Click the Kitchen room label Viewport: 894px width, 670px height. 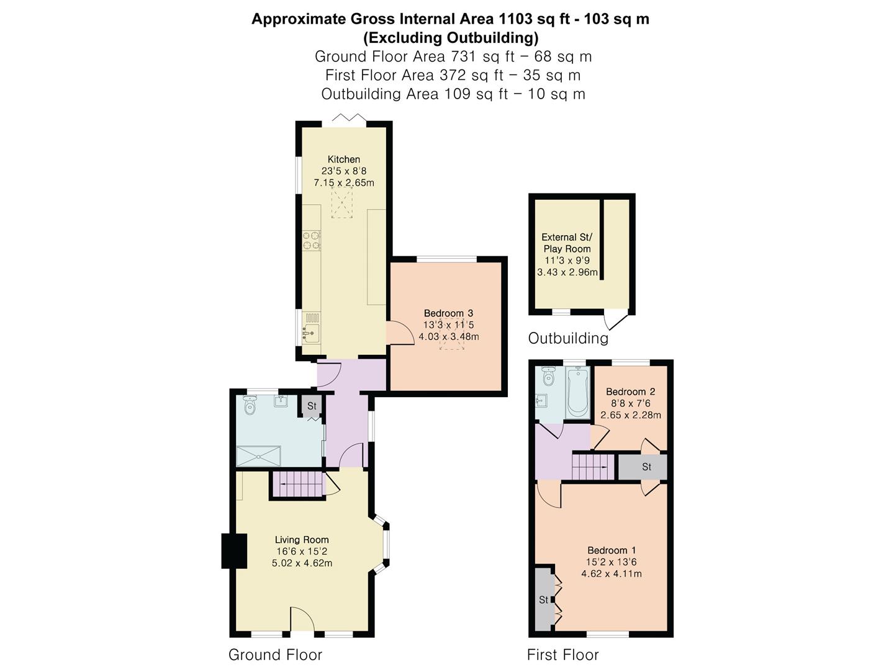(344, 159)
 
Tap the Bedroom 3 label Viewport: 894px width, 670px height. (448, 313)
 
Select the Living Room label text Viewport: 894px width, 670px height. (302, 540)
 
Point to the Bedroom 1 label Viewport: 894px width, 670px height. (612, 550)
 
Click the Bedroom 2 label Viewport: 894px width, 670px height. (631, 391)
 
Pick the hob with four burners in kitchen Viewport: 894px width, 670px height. (311, 241)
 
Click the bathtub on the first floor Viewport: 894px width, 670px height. (577, 392)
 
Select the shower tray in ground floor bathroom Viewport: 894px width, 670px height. (259, 455)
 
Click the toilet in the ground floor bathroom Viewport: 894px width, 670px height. (249, 404)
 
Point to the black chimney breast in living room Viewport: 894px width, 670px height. (234, 550)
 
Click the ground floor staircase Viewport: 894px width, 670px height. (297, 484)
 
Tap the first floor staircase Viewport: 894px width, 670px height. (593, 467)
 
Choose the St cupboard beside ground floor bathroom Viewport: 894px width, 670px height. (312, 406)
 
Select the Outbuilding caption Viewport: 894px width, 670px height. (568, 338)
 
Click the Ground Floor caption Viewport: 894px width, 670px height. (275, 654)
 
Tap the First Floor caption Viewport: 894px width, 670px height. (563, 654)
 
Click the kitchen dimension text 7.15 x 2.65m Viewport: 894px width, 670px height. (344, 182)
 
